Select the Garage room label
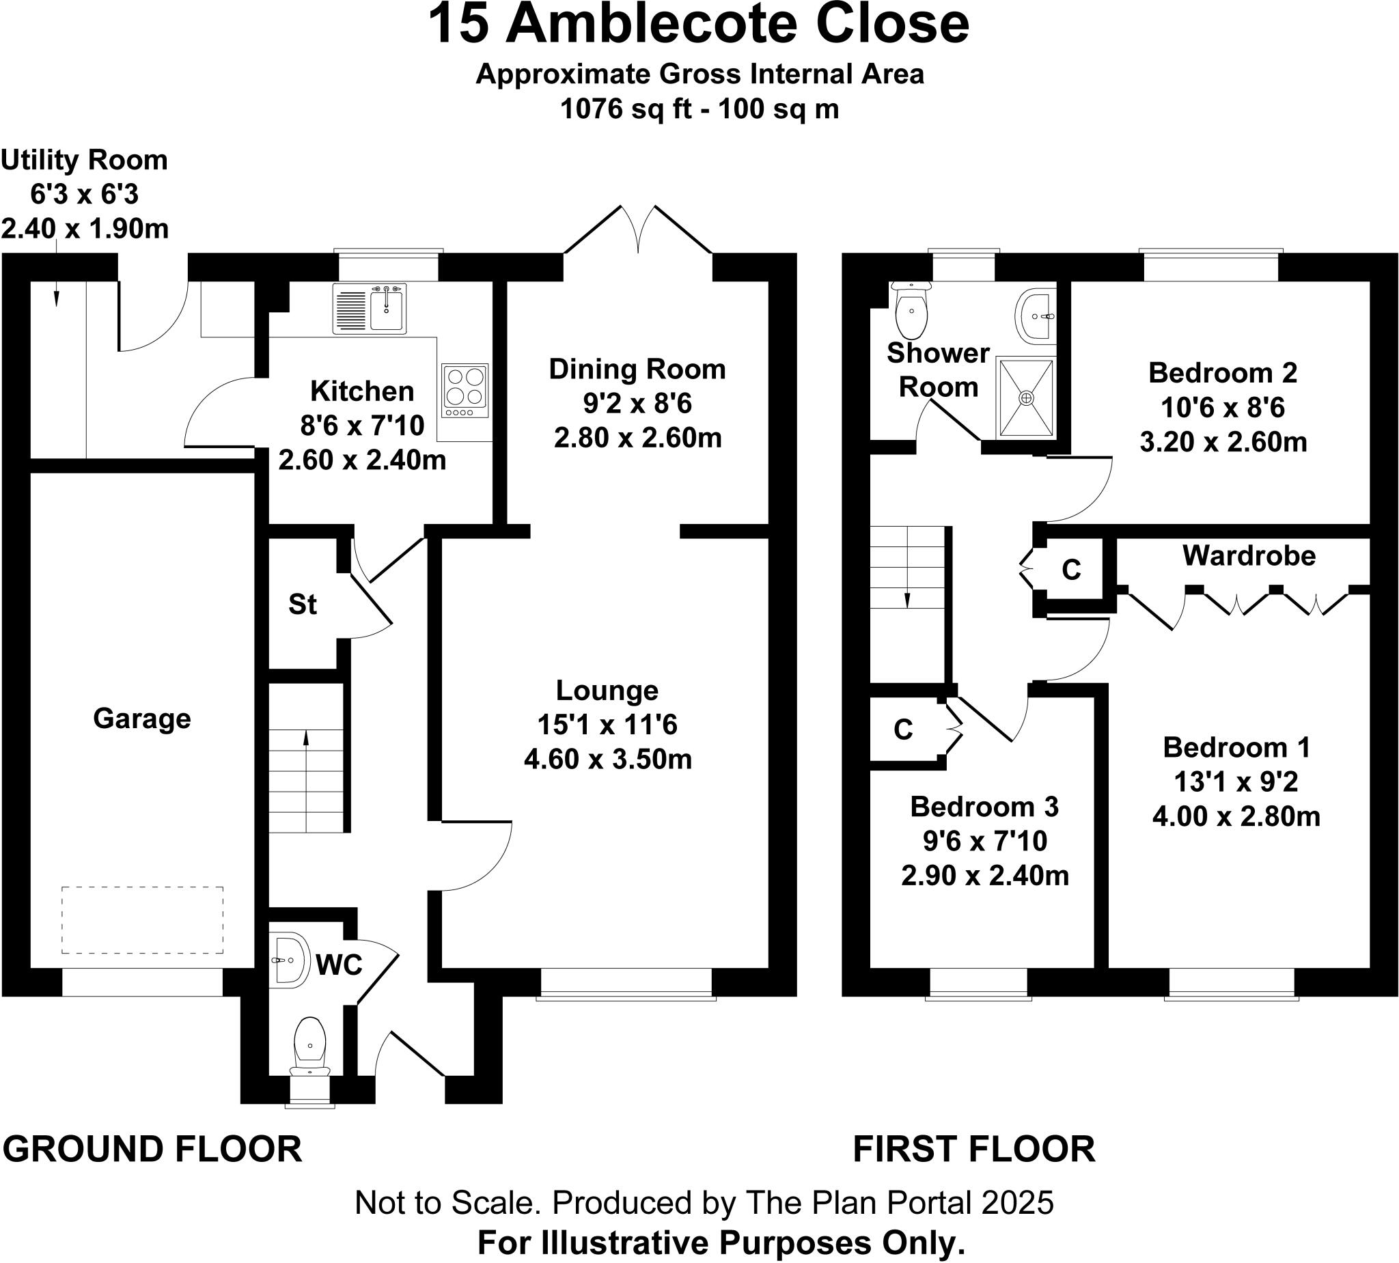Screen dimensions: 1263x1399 [141, 718]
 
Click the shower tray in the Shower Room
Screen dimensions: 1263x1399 [1026, 398]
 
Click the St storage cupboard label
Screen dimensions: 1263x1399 [303, 605]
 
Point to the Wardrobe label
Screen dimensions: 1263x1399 [1249, 556]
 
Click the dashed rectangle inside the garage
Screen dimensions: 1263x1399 [142, 919]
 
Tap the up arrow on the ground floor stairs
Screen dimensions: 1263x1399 [306, 739]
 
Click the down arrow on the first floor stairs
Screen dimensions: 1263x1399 [907, 599]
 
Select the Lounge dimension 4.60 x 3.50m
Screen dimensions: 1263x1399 [608, 759]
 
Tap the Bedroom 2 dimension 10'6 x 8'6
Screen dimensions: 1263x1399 [1222, 407]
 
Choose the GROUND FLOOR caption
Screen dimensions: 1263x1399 [152, 1149]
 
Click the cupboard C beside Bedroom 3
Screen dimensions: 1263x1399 [903, 730]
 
